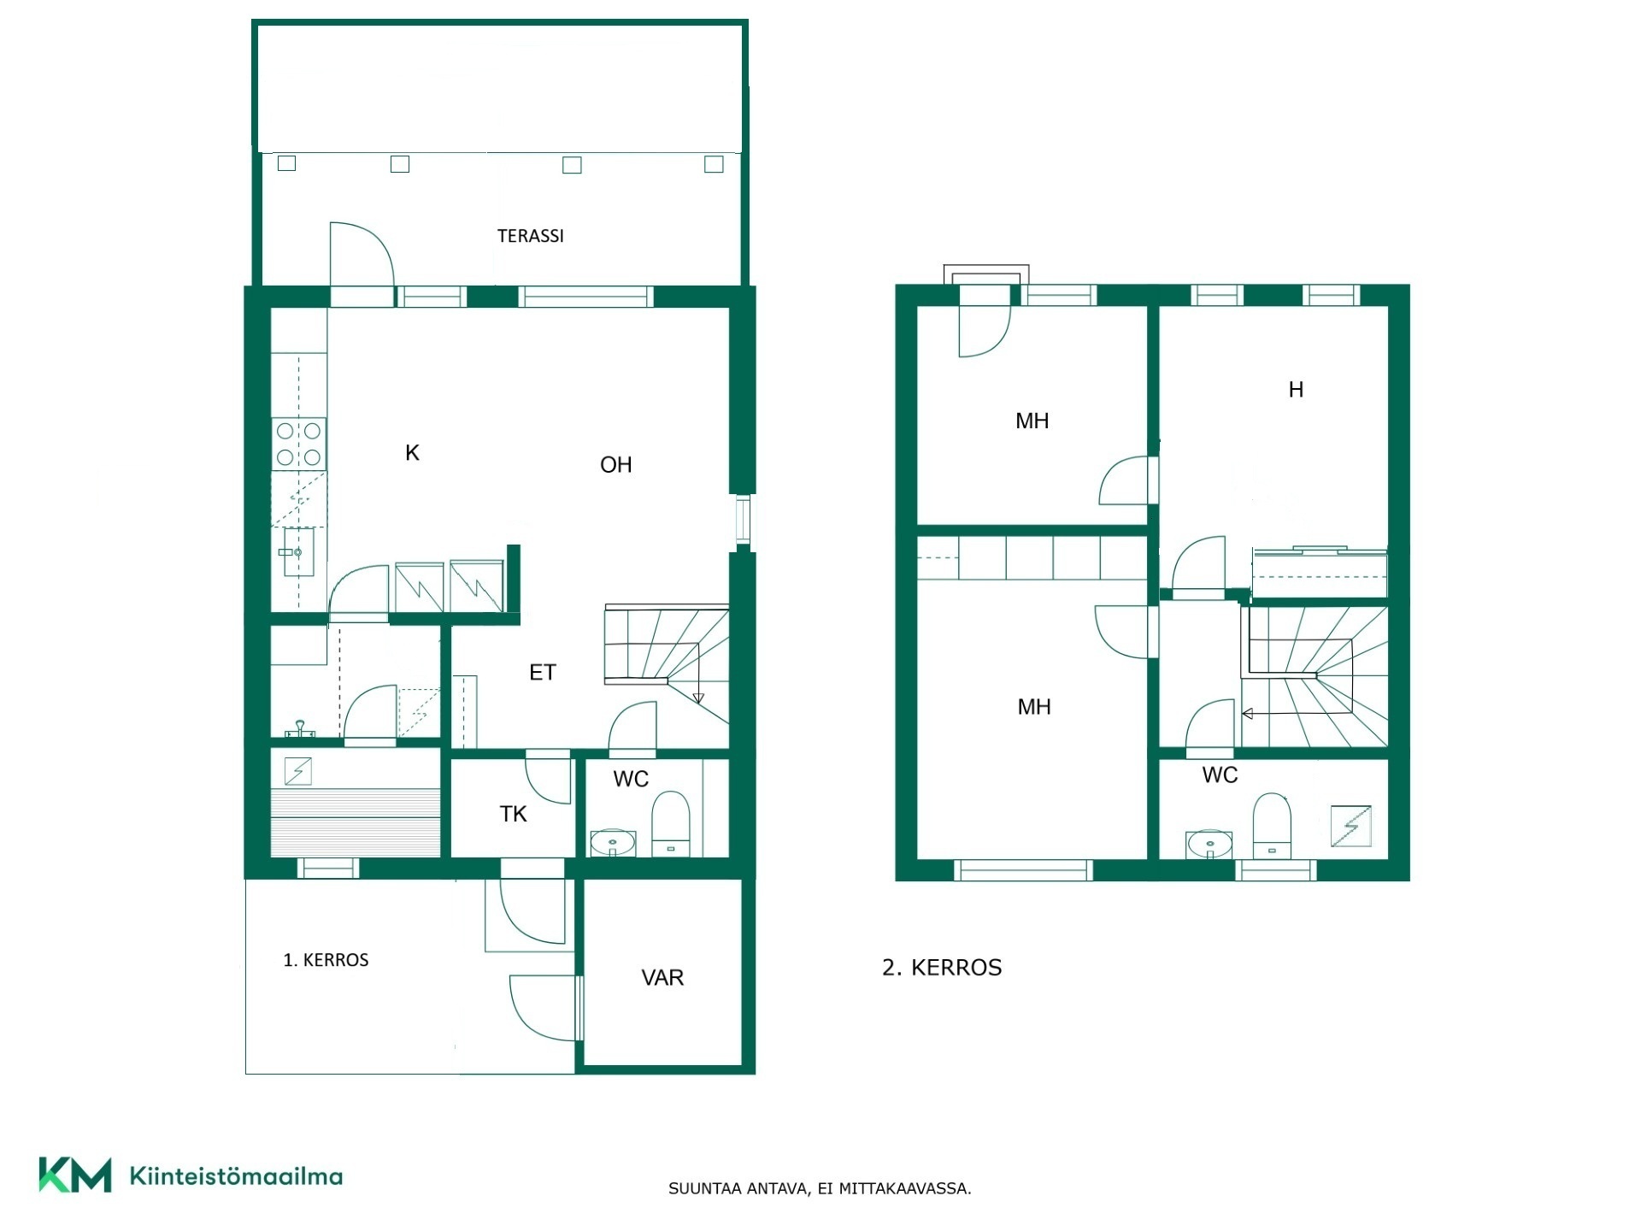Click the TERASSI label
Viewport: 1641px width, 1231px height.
(x=531, y=236)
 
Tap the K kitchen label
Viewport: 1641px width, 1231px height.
(x=412, y=453)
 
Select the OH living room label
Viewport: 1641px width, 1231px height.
(x=616, y=465)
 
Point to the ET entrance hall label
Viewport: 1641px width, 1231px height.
(x=543, y=673)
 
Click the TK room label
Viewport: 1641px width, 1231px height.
(x=514, y=814)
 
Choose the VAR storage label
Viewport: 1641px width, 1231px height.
(x=662, y=977)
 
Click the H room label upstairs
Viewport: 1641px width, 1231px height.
(x=1296, y=390)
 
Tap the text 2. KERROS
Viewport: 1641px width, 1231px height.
(x=942, y=968)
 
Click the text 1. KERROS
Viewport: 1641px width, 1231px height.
(x=326, y=960)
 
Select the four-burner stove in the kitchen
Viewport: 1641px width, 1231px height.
(x=299, y=445)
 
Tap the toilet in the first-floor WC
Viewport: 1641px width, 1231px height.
(x=671, y=823)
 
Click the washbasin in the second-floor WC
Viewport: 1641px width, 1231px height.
(x=1209, y=845)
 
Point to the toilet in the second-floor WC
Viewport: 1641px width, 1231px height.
(x=1272, y=825)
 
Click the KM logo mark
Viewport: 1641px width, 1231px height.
(x=75, y=1175)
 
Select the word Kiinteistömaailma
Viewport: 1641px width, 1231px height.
(x=236, y=1176)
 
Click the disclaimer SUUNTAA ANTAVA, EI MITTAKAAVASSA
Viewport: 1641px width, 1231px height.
(x=820, y=1188)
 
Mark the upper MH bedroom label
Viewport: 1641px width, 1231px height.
(x=1032, y=421)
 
